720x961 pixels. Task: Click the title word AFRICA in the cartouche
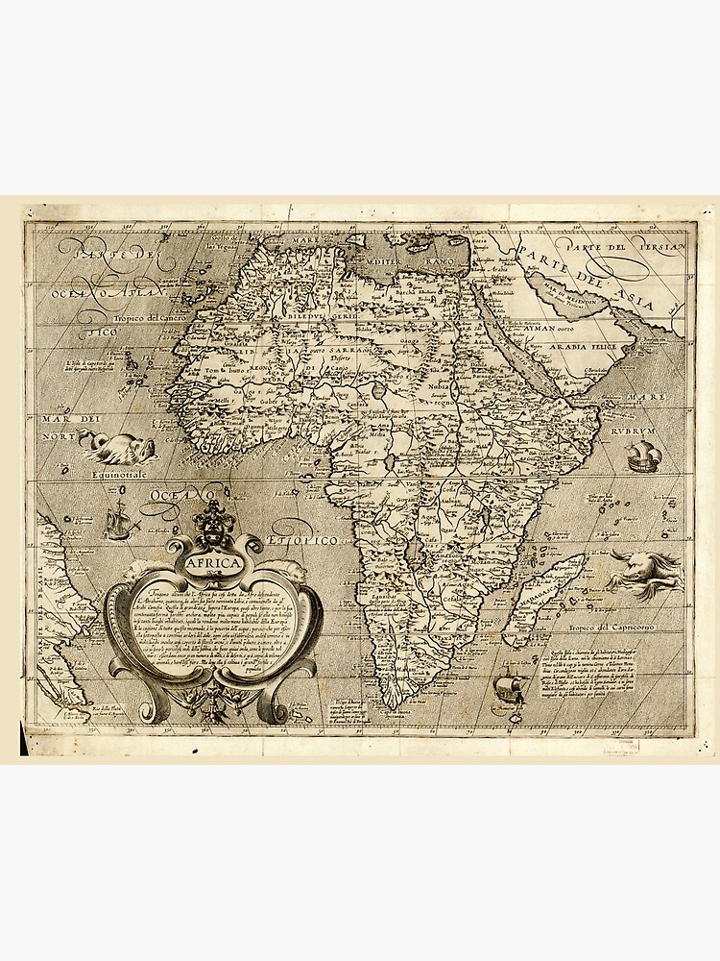click(216, 567)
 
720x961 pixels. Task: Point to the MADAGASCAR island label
click(536, 592)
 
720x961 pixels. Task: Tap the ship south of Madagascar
click(508, 690)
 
